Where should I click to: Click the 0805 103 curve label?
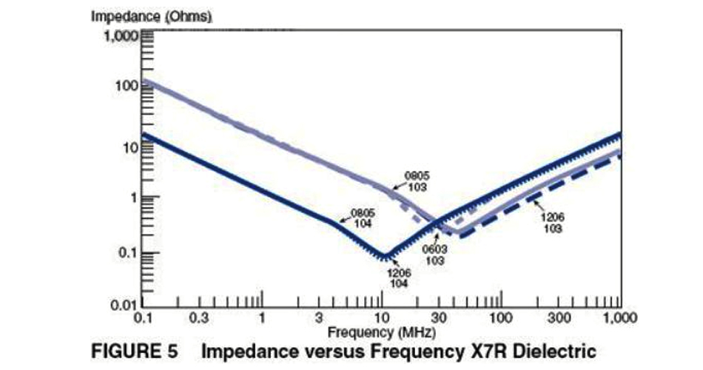(x=416, y=181)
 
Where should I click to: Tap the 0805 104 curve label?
(x=363, y=218)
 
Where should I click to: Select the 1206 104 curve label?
(x=400, y=277)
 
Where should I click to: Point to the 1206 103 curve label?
(x=551, y=223)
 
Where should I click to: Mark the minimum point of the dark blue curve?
(x=384, y=257)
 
